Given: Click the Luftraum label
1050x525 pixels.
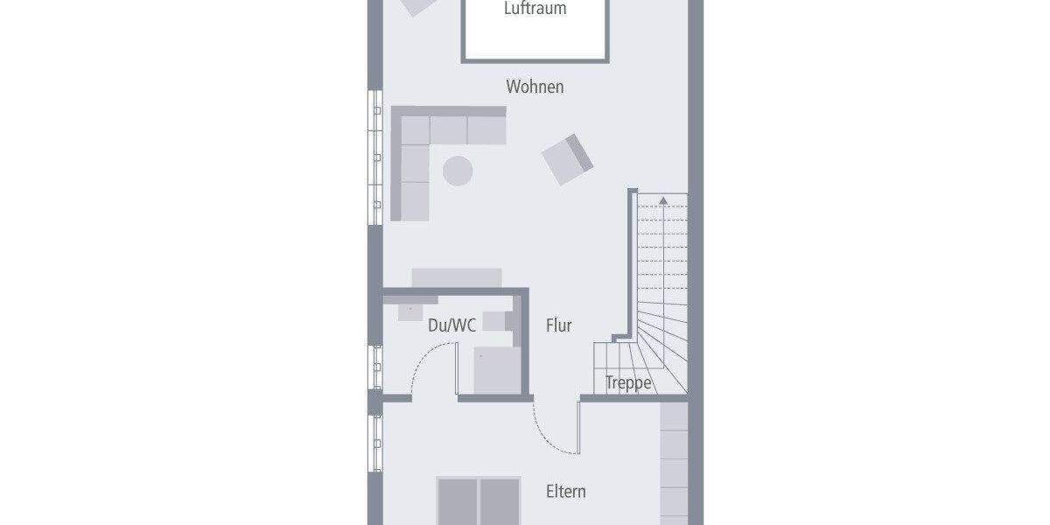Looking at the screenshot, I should [535, 10].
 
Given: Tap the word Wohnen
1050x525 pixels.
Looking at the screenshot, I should [535, 87].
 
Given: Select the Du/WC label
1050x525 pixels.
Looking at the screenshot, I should [451, 325].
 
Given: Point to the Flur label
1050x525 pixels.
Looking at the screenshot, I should [558, 325].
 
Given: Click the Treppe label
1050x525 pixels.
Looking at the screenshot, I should [628, 383].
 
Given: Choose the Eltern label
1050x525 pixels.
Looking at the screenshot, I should [565, 491].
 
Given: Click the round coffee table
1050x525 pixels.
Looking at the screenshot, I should [457, 170].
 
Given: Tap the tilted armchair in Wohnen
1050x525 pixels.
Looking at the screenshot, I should [567, 159].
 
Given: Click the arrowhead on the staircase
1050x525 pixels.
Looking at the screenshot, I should [663, 202].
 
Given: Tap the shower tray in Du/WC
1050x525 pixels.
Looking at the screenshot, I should [497, 370].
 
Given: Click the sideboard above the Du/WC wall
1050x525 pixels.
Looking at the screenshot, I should [457, 277].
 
